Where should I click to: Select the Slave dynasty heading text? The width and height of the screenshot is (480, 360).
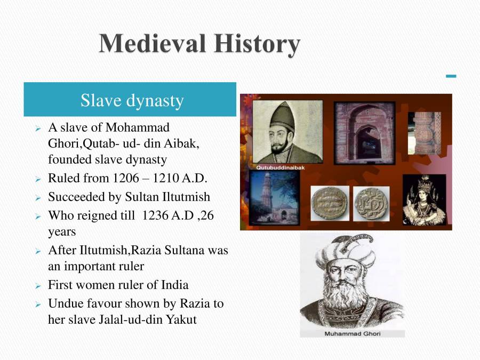point(132,100)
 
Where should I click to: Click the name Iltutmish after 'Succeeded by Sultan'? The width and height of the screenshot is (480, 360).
point(183,197)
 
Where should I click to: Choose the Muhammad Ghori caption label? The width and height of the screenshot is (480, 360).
point(353,333)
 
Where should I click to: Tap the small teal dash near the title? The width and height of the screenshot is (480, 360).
point(451,76)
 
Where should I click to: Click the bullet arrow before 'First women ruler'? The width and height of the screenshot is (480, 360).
point(38,286)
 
